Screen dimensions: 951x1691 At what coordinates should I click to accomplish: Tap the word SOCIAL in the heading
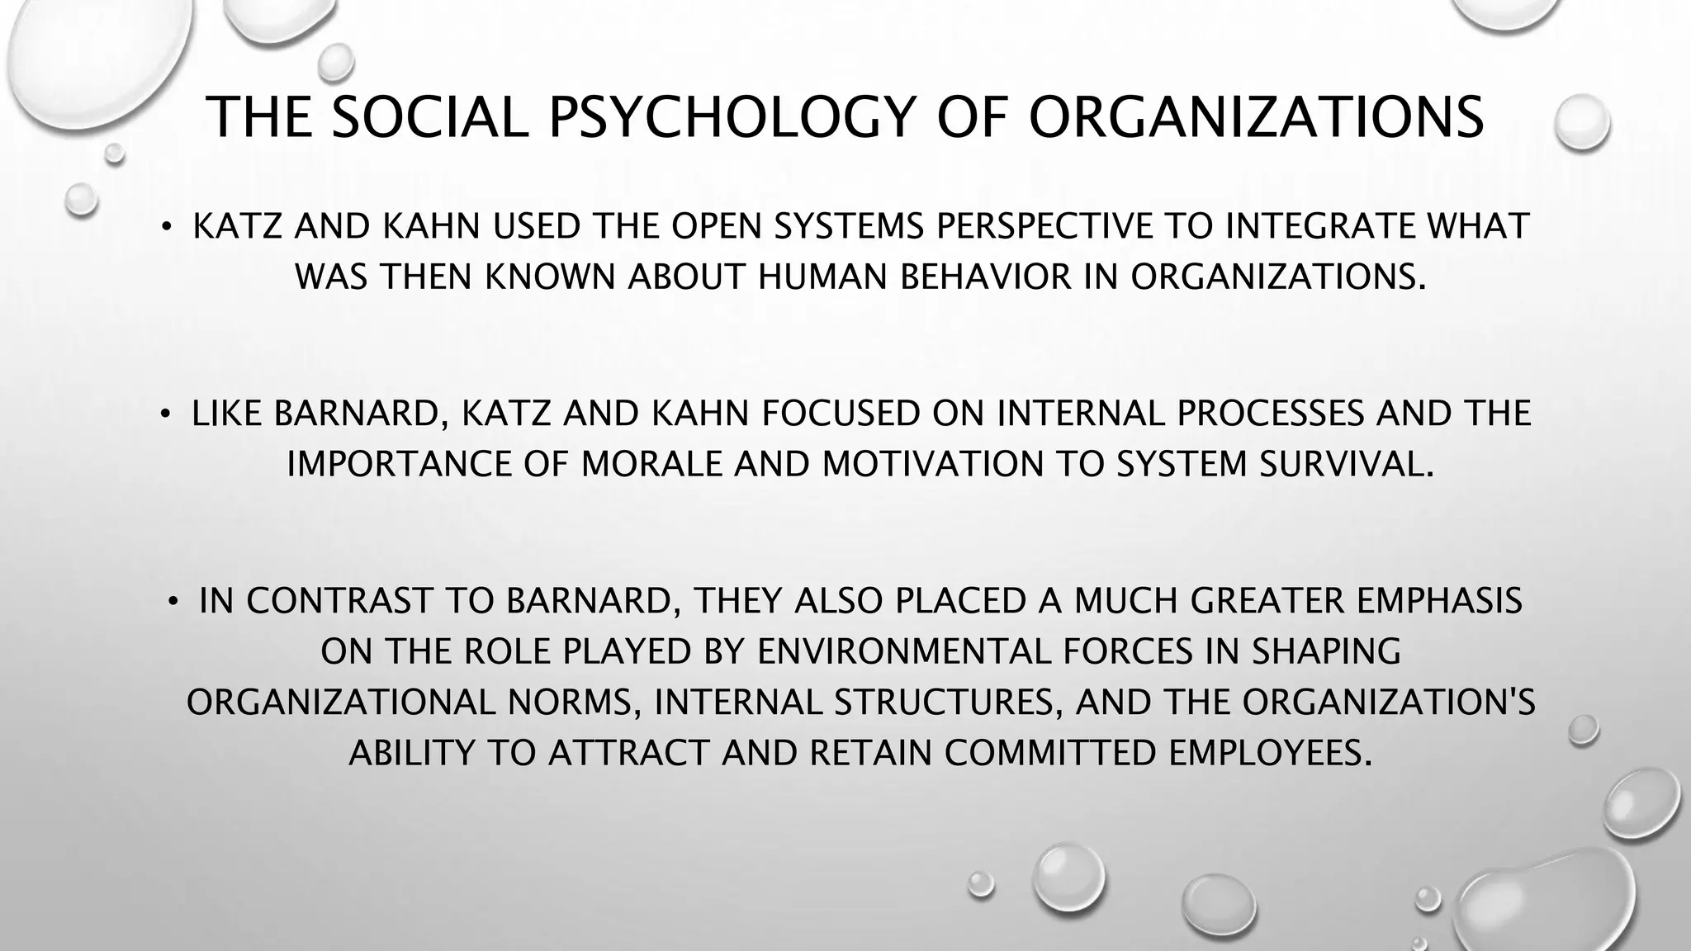(429, 117)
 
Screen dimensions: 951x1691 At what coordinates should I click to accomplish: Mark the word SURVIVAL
(1346, 465)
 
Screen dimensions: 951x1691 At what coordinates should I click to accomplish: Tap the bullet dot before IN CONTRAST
(173, 602)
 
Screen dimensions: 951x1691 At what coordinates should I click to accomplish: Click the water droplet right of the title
(1581, 122)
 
